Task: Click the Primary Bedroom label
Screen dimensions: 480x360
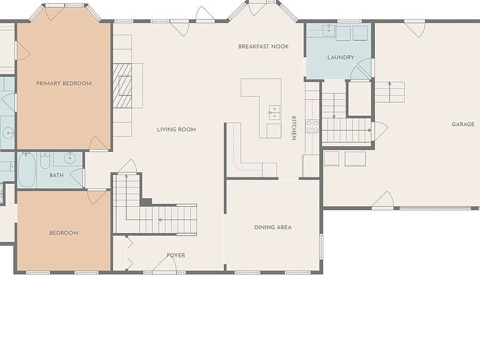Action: (64, 83)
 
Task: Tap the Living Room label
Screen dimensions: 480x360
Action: (176, 129)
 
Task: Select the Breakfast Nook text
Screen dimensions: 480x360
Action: (264, 46)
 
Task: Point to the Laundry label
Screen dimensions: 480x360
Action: (341, 57)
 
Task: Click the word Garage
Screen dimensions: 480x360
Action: (463, 124)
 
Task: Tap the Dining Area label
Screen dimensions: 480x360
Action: (272, 227)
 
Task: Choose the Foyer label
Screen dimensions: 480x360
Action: (176, 255)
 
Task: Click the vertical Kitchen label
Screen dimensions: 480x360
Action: (294, 128)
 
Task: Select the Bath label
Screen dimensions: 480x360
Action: (57, 175)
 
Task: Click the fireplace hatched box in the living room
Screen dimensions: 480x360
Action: (122, 86)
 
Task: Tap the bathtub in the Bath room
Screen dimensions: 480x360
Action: (27, 170)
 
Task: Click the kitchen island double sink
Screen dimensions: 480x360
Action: (274, 112)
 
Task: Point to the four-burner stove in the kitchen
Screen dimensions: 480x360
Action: (312, 126)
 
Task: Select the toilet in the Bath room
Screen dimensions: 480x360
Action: (45, 161)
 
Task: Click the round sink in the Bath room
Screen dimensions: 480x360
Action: (70, 158)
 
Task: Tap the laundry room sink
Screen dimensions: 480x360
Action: (329, 31)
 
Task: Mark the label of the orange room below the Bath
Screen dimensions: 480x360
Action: (64, 233)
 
